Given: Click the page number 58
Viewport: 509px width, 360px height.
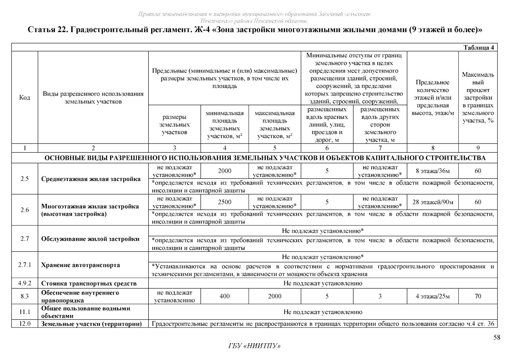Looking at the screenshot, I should (x=497, y=338).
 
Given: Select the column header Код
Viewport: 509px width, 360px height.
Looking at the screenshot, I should (x=25, y=97).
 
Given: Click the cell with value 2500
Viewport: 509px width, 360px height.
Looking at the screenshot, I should (x=224, y=202).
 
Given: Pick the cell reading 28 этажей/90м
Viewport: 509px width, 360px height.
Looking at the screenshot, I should (x=433, y=202).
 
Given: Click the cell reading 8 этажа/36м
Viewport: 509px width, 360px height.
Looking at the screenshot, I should (x=433, y=171).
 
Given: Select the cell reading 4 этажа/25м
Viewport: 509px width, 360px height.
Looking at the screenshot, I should (x=433, y=296).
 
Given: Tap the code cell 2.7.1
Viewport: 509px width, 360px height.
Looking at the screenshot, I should (x=25, y=265).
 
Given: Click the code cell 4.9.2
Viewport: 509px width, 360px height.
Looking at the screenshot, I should (x=25, y=283).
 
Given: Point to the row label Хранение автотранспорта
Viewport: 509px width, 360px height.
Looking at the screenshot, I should (x=80, y=265).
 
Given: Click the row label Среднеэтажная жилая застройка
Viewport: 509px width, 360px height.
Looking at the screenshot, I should (x=91, y=179).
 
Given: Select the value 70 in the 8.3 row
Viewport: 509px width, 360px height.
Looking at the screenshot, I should (x=478, y=296).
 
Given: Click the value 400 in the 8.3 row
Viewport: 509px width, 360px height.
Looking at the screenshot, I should (x=224, y=296).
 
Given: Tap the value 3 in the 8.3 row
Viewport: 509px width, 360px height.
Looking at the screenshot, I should (x=380, y=296).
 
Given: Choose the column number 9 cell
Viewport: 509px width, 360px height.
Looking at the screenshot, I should (x=478, y=148).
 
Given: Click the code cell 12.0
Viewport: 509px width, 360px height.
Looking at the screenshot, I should (x=25, y=324).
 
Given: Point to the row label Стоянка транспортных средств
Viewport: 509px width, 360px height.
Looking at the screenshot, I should (x=89, y=283).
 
